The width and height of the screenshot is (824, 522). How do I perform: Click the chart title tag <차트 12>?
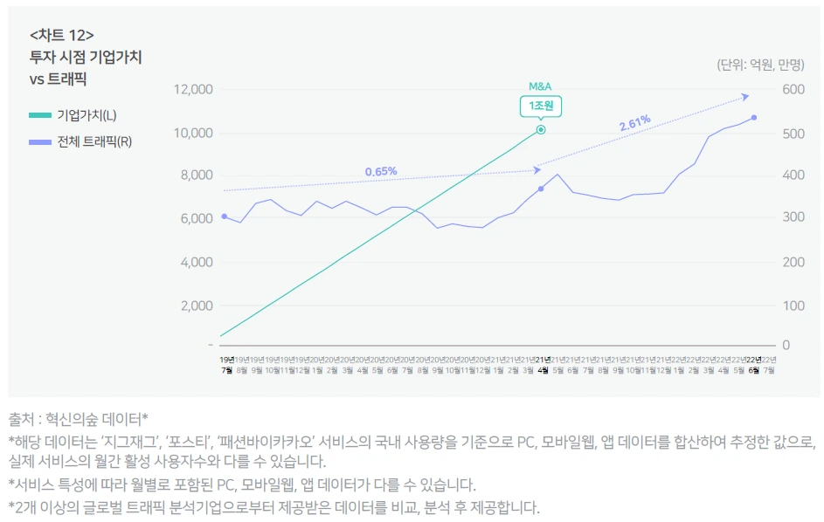(x=62, y=36)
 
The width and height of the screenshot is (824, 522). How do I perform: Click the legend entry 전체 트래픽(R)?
(x=93, y=141)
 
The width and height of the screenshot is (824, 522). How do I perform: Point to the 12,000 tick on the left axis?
(x=194, y=89)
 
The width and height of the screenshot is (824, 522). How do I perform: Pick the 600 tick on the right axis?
(x=793, y=89)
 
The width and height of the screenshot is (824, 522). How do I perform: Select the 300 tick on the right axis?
(x=793, y=218)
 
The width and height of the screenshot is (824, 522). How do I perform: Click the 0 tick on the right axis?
(x=786, y=345)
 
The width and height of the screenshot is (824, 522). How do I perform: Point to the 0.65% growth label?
(x=381, y=171)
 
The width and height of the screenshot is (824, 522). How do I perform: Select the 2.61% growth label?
(x=634, y=124)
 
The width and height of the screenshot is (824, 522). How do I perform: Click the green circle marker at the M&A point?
(x=541, y=129)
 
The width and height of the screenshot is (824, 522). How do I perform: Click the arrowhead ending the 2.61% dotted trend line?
(x=745, y=96)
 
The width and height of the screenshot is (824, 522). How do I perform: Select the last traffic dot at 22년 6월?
(x=753, y=117)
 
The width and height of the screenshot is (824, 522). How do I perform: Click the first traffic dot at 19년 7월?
(x=225, y=216)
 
